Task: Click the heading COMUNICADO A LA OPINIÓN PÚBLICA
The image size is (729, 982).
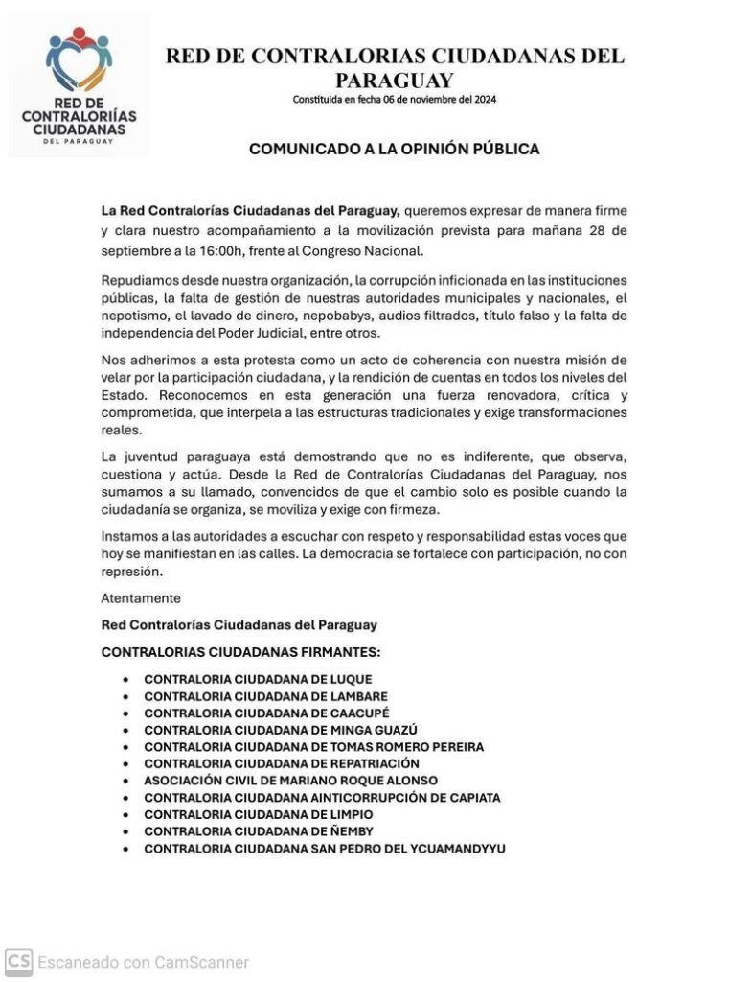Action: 394,150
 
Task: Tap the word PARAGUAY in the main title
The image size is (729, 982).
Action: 394,81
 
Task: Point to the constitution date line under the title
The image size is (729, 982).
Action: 394,100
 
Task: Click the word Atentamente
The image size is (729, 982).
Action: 141,597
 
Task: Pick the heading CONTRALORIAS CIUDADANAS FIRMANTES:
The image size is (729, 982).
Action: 240,652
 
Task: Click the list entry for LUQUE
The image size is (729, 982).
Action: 258,679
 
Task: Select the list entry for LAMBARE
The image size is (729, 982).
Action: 265,696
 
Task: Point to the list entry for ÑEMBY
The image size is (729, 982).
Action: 259,831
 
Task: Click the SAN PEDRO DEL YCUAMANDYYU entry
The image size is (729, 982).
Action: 325,849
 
